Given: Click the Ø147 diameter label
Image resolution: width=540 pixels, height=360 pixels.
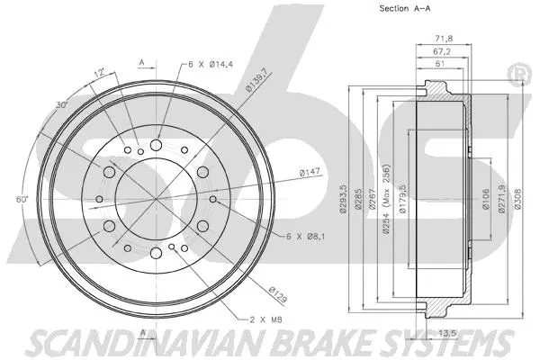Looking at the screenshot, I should [286, 170].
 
